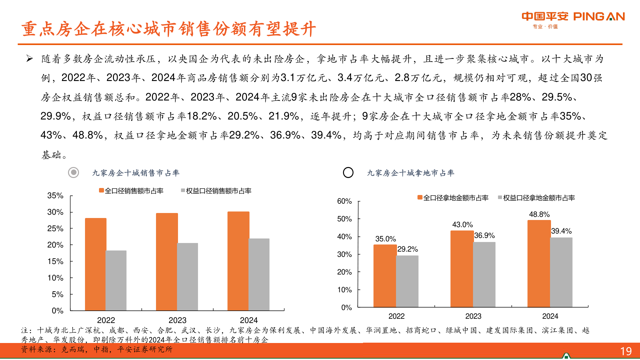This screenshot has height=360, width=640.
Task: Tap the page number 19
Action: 626,351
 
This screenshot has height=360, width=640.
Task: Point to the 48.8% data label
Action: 539,214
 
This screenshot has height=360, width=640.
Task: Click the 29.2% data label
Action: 407,249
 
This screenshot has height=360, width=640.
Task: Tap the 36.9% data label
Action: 484,235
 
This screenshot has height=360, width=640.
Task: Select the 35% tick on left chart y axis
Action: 55,196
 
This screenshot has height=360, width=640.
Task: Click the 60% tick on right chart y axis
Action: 344,201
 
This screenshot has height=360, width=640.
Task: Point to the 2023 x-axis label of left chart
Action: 177,320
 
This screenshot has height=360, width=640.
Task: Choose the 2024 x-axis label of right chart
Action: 550,316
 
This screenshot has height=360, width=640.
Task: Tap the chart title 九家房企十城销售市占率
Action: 136,173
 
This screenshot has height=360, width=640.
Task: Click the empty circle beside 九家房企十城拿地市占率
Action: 348,172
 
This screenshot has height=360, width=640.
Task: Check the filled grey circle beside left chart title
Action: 73,172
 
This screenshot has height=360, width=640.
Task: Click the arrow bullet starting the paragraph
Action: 30,59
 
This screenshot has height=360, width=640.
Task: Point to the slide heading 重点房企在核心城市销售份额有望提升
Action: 168,29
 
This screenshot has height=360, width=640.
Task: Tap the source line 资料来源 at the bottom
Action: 97,349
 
